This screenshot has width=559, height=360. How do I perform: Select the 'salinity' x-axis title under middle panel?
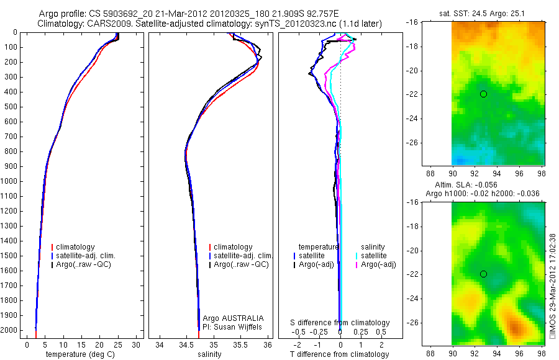click(x=208, y=354)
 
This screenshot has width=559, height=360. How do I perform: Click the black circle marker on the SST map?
click(x=483, y=94)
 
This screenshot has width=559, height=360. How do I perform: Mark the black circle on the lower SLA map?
click(x=483, y=274)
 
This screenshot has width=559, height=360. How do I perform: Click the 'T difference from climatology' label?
click(x=339, y=354)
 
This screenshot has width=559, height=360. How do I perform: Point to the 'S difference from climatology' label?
click(x=340, y=323)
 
